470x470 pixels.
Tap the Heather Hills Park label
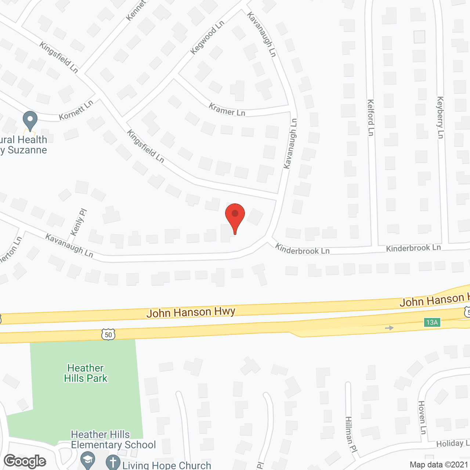tap(86, 373)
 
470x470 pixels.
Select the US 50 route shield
tap(108, 335)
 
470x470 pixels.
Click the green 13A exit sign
tap(432, 322)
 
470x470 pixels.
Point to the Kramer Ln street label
tap(227, 110)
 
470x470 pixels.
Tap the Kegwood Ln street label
tap(207, 37)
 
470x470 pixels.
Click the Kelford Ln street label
tap(370, 117)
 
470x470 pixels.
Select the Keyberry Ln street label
tap(440, 117)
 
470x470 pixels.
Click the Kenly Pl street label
tap(78, 223)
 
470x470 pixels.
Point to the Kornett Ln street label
tap(76, 110)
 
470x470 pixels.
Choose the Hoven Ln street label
tap(422, 417)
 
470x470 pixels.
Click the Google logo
tap(25, 461)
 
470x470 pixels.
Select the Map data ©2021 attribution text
tap(439, 465)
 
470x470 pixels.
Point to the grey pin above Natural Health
tap(30, 120)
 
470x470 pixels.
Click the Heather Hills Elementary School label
tap(113, 440)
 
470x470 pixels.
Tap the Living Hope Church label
tap(167, 465)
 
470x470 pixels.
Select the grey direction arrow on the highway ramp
tap(389, 328)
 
